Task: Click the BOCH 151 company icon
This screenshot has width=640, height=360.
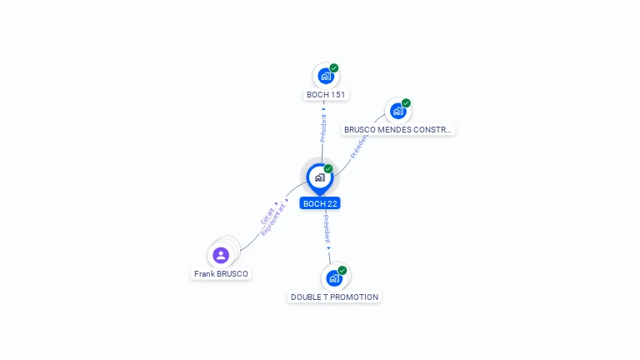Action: click(325, 76)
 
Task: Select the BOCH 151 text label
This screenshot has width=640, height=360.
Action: click(326, 95)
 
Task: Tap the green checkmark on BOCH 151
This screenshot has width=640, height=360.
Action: click(334, 68)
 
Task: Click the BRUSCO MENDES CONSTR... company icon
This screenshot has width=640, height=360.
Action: click(397, 111)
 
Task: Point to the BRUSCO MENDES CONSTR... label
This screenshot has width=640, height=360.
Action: click(398, 130)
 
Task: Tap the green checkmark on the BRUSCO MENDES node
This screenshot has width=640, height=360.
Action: click(406, 103)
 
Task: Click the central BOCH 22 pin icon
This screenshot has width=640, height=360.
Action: click(319, 177)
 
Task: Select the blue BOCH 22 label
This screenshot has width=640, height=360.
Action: click(320, 203)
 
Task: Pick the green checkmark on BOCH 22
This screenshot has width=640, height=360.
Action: click(328, 169)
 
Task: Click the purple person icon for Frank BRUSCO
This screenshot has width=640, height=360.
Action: click(221, 255)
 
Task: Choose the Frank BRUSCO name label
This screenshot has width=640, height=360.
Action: click(221, 274)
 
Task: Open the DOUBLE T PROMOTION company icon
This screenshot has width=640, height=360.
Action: click(334, 277)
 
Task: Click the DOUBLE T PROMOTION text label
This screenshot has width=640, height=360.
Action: click(334, 297)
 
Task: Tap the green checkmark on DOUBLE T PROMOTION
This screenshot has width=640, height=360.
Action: click(342, 270)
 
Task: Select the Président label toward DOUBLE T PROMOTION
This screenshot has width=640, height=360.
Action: click(327, 228)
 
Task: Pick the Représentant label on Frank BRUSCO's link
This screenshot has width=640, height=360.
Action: click(274, 219)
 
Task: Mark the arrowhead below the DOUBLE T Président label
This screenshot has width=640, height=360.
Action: click(328, 247)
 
